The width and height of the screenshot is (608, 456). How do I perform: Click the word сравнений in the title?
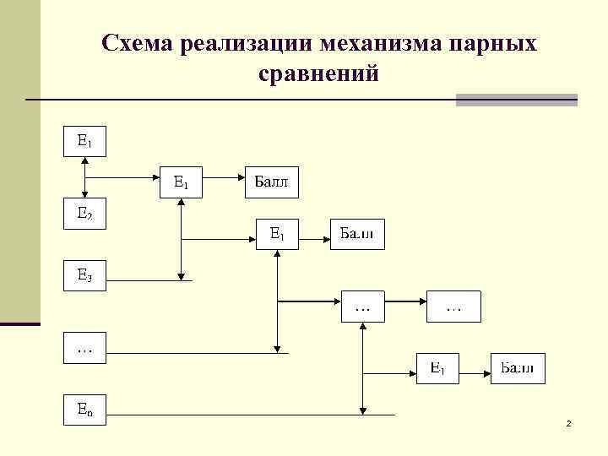click(320, 74)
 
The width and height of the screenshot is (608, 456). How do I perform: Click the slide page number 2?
click(568, 423)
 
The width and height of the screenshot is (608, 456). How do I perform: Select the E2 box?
click(85, 214)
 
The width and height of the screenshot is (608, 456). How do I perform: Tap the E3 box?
click(85, 275)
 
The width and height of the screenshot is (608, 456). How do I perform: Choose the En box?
click(85, 410)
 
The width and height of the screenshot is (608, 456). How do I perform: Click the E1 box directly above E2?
click(85, 141)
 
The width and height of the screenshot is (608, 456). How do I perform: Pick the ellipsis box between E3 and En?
click(85, 348)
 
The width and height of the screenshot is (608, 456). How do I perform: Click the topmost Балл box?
click(272, 181)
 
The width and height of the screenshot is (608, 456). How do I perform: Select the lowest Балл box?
click(518, 368)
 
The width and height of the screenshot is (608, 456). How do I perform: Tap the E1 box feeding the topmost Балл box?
click(182, 181)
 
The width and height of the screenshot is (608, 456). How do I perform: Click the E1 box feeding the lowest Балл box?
click(437, 368)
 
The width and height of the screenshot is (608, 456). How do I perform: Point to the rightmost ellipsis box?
click(453, 306)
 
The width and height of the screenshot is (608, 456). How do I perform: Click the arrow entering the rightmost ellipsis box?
click(405, 300)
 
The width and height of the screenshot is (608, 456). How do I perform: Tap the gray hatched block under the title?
click(516, 100)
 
